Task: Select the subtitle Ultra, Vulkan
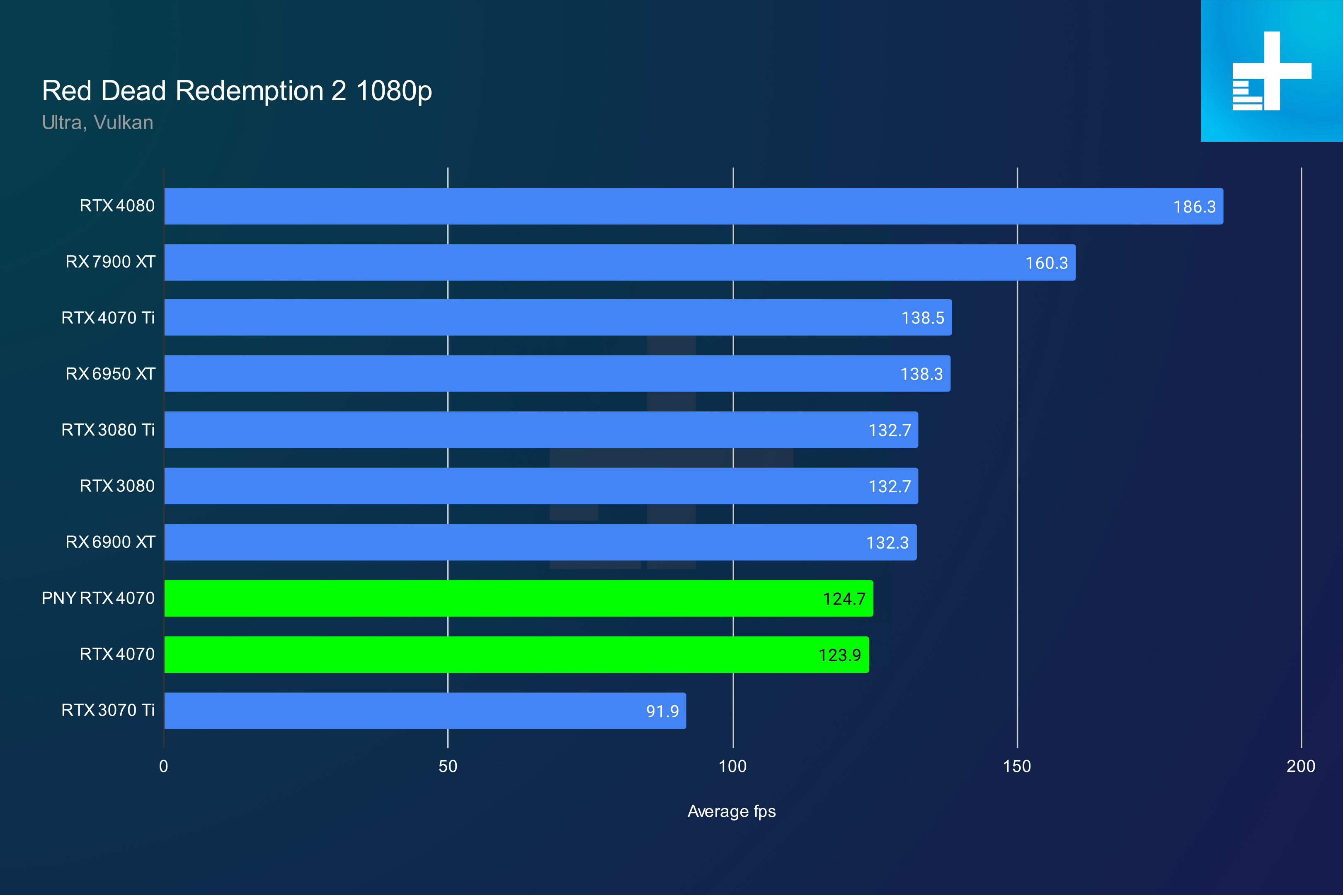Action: click(98, 123)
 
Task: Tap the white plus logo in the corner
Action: click(1272, 71)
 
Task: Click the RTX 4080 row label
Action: click(117, 206)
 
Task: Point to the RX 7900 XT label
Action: click(110, 262)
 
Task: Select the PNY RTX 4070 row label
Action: click(98, 597)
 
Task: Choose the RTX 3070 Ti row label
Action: click(108, 710)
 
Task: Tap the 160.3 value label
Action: click(1046, 263)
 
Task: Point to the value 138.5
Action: click(922, 318)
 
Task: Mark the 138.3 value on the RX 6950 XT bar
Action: click(921, 374)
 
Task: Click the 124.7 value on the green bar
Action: click(844, 599)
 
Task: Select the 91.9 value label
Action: click(662, 711)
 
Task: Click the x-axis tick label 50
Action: click(448, 766)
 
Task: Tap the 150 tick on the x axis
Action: click(1017, 766)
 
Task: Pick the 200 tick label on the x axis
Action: click(1301, 766)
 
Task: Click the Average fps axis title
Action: click(732, 811)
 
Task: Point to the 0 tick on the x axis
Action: click(164, 766)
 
